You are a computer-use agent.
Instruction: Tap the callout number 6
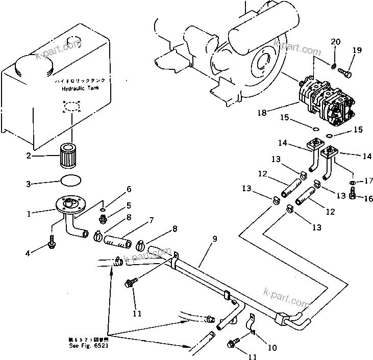129,189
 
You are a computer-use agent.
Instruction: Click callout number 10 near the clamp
272,348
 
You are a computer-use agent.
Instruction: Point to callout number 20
335,41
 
